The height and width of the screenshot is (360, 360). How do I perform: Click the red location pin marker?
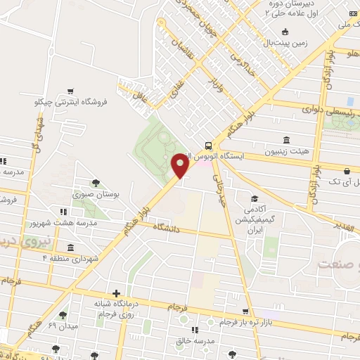180,166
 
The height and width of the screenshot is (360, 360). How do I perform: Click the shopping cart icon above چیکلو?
70,91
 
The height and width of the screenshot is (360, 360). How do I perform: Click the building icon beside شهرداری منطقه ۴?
70,247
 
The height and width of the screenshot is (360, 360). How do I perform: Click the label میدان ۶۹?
62,326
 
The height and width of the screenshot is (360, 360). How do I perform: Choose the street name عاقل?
143,94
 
